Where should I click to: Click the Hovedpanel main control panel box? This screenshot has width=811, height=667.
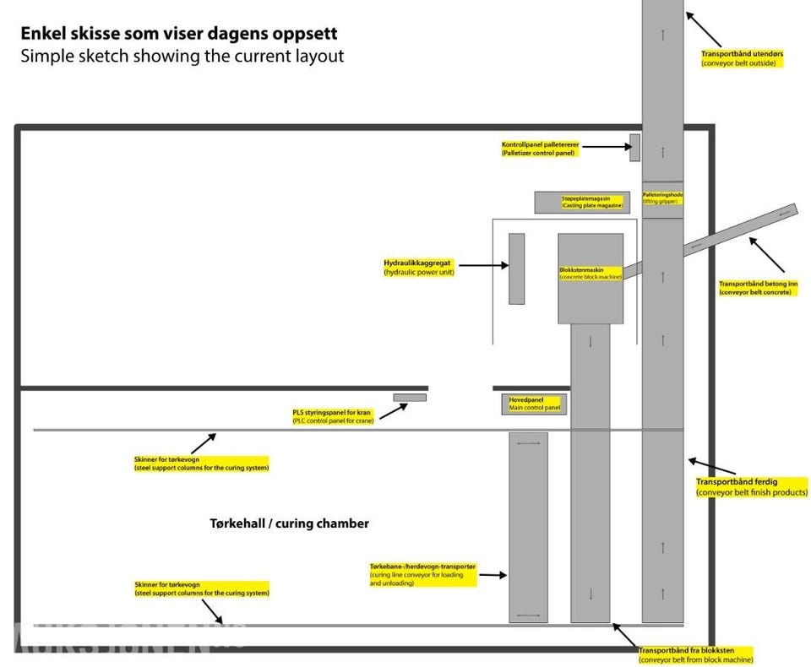click(533, 404)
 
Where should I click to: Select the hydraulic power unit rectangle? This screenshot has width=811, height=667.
click(516, 268)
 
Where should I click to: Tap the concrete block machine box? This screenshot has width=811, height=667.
click(591, 279)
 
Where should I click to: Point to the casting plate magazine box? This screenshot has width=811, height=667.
click(582, 203)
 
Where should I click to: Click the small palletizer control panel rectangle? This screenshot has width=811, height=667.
click(634, 147)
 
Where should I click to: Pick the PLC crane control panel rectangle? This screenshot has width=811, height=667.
click(410, 398)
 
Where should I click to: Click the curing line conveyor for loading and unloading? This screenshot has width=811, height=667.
click(528, 528)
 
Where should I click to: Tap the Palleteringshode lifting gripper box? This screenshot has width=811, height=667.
click(662, 199)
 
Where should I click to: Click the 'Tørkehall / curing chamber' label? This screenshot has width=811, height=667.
click(289, 523)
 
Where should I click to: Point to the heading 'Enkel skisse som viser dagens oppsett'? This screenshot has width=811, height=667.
click(179, 35)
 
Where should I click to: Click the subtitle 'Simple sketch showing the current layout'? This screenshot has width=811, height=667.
click(182, 57)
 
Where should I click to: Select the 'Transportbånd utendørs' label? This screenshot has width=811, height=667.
click(743, 58)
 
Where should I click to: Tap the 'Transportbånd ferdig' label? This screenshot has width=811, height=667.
click(751, 486)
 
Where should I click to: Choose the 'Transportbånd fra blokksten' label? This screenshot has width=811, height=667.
click(695, 654)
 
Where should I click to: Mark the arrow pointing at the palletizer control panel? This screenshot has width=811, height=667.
click(605, 147)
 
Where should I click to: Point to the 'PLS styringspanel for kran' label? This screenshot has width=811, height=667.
click(333, 416)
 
